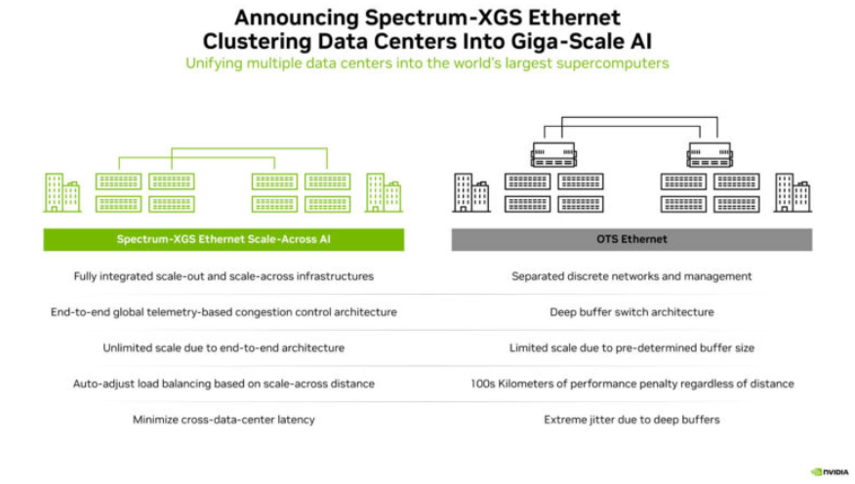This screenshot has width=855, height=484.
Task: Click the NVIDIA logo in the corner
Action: [829, 471]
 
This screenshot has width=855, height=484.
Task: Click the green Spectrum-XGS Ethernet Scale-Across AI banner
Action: [224, 239]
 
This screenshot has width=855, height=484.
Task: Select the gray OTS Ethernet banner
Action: [631, 239]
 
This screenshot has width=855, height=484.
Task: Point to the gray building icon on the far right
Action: [791, 192]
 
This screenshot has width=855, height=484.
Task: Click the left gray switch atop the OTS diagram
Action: [552, 154]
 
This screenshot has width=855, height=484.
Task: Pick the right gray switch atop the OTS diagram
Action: [710, 154]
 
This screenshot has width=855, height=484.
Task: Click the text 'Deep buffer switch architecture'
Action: [631, 312]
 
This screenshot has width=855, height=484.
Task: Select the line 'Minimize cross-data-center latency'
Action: [224, 420]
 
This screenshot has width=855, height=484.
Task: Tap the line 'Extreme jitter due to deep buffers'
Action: [631, 420]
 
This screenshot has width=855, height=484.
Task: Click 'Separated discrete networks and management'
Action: [631, 276]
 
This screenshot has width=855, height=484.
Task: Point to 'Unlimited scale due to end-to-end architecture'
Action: [224, 347]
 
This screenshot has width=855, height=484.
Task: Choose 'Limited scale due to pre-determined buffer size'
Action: [631, 347]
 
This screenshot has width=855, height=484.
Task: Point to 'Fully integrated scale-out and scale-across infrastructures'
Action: [224, 276]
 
